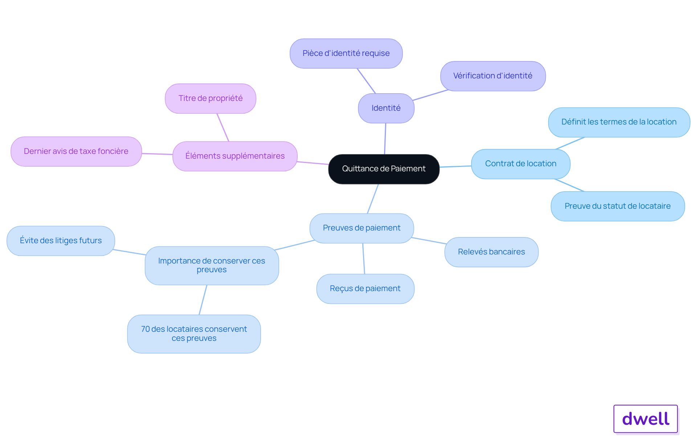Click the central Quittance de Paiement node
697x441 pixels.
tap(384, 169)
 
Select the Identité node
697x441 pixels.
tap(386, 108)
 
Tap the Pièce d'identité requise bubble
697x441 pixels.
tap(346, 53)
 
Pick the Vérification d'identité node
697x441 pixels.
tap(493, 76)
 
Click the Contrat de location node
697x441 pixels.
tap(521, 164)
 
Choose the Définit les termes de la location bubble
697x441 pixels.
tap(619, 122)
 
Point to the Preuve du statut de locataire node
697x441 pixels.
tap(617, 206)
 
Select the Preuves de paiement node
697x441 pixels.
tap(362, 228)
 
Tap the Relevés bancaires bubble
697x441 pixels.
tap(491, 252)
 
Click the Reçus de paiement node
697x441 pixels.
tap(365, 289)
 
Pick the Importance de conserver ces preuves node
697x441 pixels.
tap(212, 265)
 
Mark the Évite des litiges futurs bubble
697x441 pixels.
tap(61, 241)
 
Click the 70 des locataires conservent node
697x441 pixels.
tap(194, 334)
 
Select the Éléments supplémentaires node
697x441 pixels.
tap(235, 156)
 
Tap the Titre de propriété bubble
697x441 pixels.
tap(211, 98)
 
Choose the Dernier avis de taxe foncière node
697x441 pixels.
tap(76, 151)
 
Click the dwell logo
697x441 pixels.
tap(645, 418)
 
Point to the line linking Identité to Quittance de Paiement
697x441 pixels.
tap(385, 139)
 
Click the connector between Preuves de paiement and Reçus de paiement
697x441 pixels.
tap(363, 258)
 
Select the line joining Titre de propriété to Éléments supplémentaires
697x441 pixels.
tap(223, 127)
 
